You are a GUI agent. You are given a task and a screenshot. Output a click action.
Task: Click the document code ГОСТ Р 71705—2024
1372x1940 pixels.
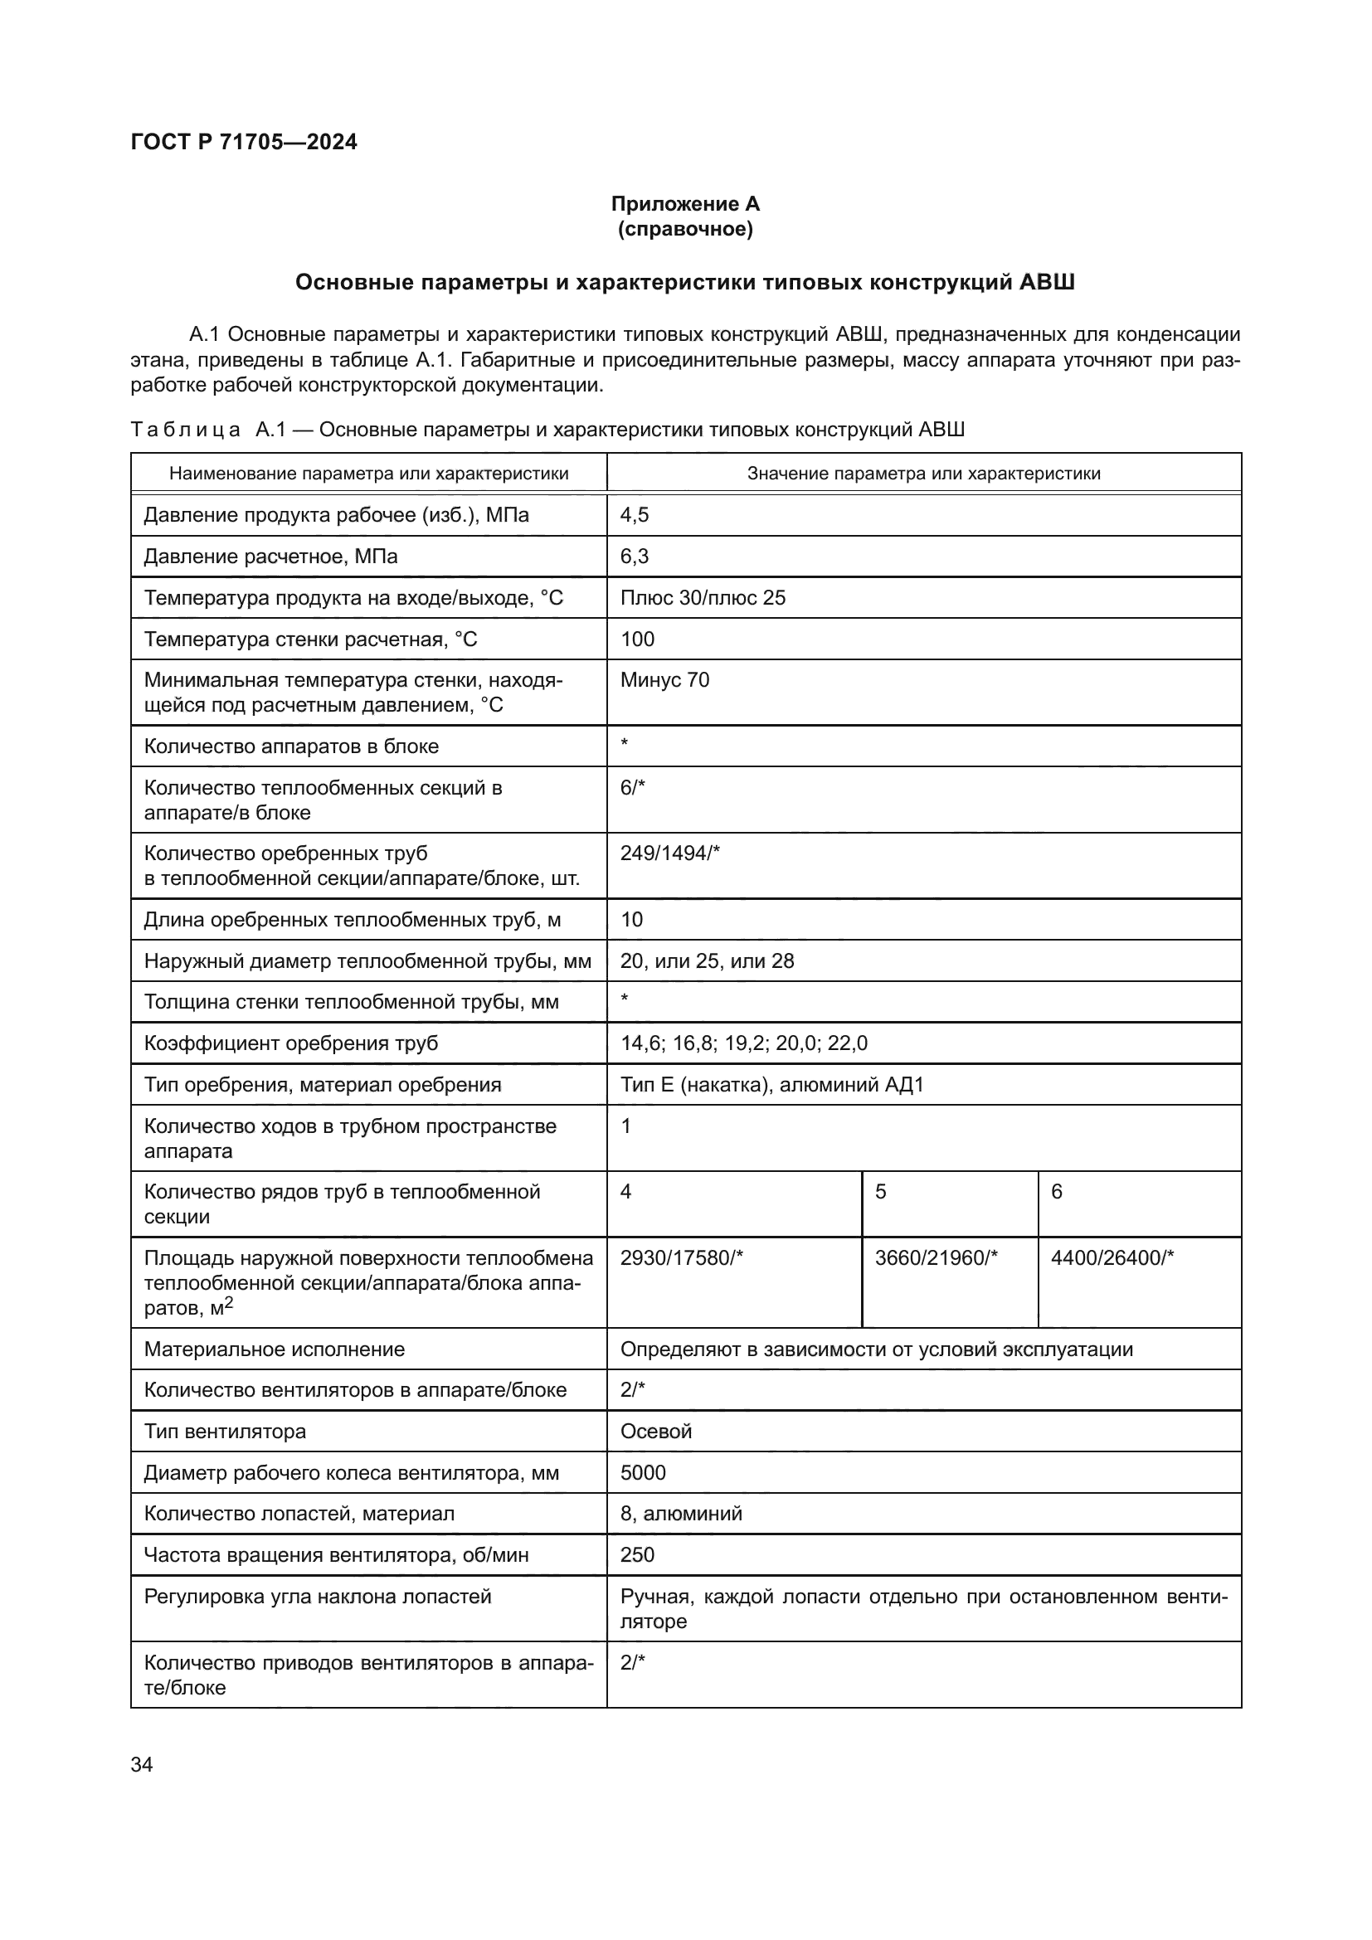click(x=244, y=142)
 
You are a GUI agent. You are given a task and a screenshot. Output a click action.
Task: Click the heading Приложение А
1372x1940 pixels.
click(x=685, y=204)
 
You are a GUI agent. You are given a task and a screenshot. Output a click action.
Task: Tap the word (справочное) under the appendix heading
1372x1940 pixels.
click(x=685, y=229)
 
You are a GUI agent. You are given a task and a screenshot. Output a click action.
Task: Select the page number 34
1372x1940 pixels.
click(x=142, y=1764)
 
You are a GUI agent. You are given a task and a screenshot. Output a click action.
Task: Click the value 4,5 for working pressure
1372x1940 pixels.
click(x=635, y=514)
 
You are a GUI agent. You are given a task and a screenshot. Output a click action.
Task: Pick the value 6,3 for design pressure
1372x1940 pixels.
click(x=635, y=556)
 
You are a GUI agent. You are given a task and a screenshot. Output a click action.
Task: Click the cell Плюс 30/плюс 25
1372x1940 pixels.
click(x=702, y=597)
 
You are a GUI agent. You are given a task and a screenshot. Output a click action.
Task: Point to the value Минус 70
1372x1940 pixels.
click(x=664, y=680)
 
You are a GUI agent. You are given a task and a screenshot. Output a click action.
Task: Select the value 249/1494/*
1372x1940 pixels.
click(x=670, y=853)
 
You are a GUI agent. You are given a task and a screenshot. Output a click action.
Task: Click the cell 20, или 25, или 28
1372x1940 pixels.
click(x=707, y=960)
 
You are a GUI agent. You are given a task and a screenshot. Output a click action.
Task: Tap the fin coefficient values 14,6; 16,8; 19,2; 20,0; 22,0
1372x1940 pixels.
click(x=743, y=1043)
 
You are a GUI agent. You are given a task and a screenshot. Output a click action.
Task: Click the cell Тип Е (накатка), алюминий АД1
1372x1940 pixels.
click(x=772, y=1084)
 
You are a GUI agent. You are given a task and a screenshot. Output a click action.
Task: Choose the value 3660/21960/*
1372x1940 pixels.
click(x=936, y=1258)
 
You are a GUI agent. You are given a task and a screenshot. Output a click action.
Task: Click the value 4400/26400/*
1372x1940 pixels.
click(x=1112, y=1258)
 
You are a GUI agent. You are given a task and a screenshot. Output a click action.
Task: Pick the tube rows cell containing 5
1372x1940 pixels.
click(x=881, y=1192)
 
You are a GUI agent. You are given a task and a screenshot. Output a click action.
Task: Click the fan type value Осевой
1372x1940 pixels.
click(x=655, y=1432)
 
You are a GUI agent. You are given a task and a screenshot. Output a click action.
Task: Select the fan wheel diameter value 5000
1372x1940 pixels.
click(x=643, y=1473)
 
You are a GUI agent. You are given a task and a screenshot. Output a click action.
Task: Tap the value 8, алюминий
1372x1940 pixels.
click(x=681, y=1514)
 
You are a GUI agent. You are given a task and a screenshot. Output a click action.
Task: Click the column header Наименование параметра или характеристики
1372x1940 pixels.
click(x=368, y=473)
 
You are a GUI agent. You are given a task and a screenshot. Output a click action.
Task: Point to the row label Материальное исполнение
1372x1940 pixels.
click(x=275, y=1349)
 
